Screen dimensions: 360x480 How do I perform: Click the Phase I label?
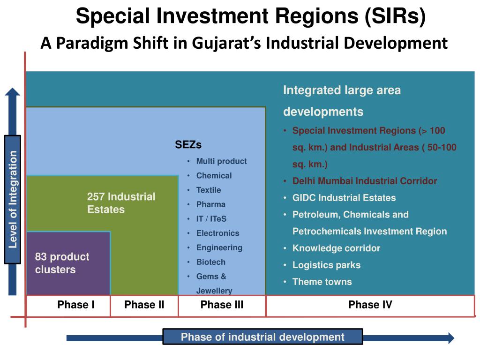76,305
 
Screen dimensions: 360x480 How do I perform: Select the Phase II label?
144,305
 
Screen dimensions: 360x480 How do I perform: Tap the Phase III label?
222,305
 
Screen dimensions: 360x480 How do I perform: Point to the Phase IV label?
370,305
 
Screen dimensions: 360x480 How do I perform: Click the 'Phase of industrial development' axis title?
262,337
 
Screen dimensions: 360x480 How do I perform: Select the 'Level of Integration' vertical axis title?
13,199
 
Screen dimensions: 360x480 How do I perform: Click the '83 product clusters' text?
61,263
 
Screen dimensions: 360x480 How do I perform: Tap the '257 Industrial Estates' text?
120,203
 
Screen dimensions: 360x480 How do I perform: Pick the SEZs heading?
188,145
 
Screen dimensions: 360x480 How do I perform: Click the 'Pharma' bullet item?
210,204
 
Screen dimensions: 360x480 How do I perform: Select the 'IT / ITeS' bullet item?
211,219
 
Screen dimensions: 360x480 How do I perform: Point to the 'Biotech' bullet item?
210,262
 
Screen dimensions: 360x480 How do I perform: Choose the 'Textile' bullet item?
209,190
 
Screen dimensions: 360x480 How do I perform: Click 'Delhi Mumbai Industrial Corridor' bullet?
365,181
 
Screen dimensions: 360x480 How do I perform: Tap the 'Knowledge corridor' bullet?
336,248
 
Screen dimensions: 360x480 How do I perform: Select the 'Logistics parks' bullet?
326,265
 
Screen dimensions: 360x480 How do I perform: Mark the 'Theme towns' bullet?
322,282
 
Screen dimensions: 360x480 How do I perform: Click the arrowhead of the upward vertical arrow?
13,92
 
